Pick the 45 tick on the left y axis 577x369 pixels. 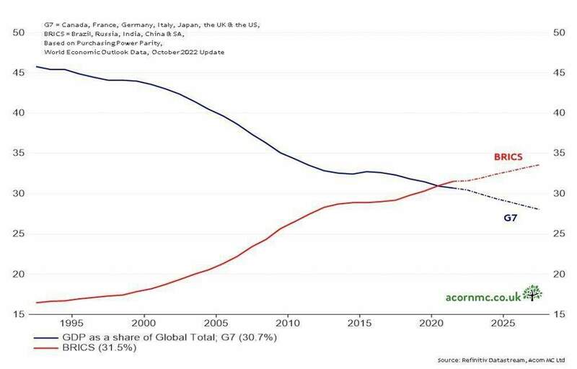19,73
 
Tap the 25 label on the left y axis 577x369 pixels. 19,234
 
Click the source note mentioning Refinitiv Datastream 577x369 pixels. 503,360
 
